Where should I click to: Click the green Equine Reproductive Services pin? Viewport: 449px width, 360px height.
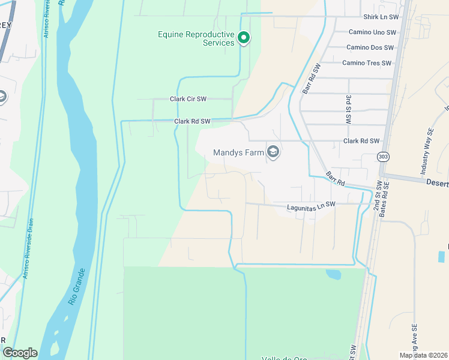pyautogui.click(x=244, y=38)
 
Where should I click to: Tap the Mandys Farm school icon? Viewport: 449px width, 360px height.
pyautogui.click(x=273, y=152)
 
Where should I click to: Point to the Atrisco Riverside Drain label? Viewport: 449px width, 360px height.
pyautogui.click(x=29, y=248)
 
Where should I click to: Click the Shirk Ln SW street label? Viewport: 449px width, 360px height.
pyautogui.click(x=381, y=17)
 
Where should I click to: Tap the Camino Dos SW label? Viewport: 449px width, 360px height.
pyautogui.click(x=370, y=47)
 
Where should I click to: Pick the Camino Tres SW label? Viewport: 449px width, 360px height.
pyautogui.click(x=367, y=63)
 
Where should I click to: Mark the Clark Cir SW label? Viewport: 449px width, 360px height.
pyautogui.click(x=188, y=99)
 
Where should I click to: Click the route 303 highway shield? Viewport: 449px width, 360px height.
pyautogui.click(x=382, y=157)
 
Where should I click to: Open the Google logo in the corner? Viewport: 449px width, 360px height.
pyautogui.click(x=20, y=353)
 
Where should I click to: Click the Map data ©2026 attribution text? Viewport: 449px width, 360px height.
pyautogui.click(x=423, y=355)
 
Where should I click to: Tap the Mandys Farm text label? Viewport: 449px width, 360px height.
pyautogui.click(x=239, y=153)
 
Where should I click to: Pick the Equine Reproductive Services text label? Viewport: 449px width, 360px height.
pyautogui.click(x=196, y=38)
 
